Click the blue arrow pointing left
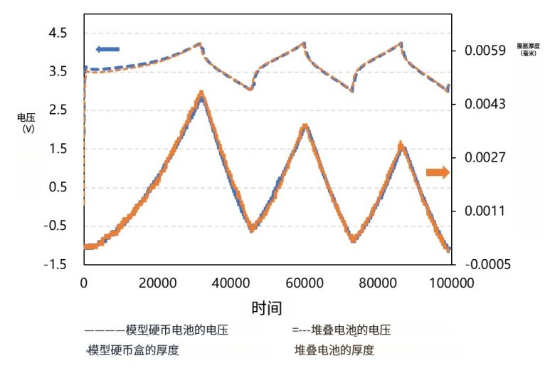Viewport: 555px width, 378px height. coord(107,49)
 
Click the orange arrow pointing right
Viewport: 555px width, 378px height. coord(438,172)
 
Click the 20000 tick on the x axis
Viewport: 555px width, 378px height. coord(157,282)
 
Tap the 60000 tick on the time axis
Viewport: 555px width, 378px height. coord(305,282)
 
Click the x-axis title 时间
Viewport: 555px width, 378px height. coord(266,308)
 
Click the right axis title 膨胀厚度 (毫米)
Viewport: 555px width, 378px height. coord(528,49)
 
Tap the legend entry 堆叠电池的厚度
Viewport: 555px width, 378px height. coord(334,350)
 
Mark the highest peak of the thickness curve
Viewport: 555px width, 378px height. coord(201,93)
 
